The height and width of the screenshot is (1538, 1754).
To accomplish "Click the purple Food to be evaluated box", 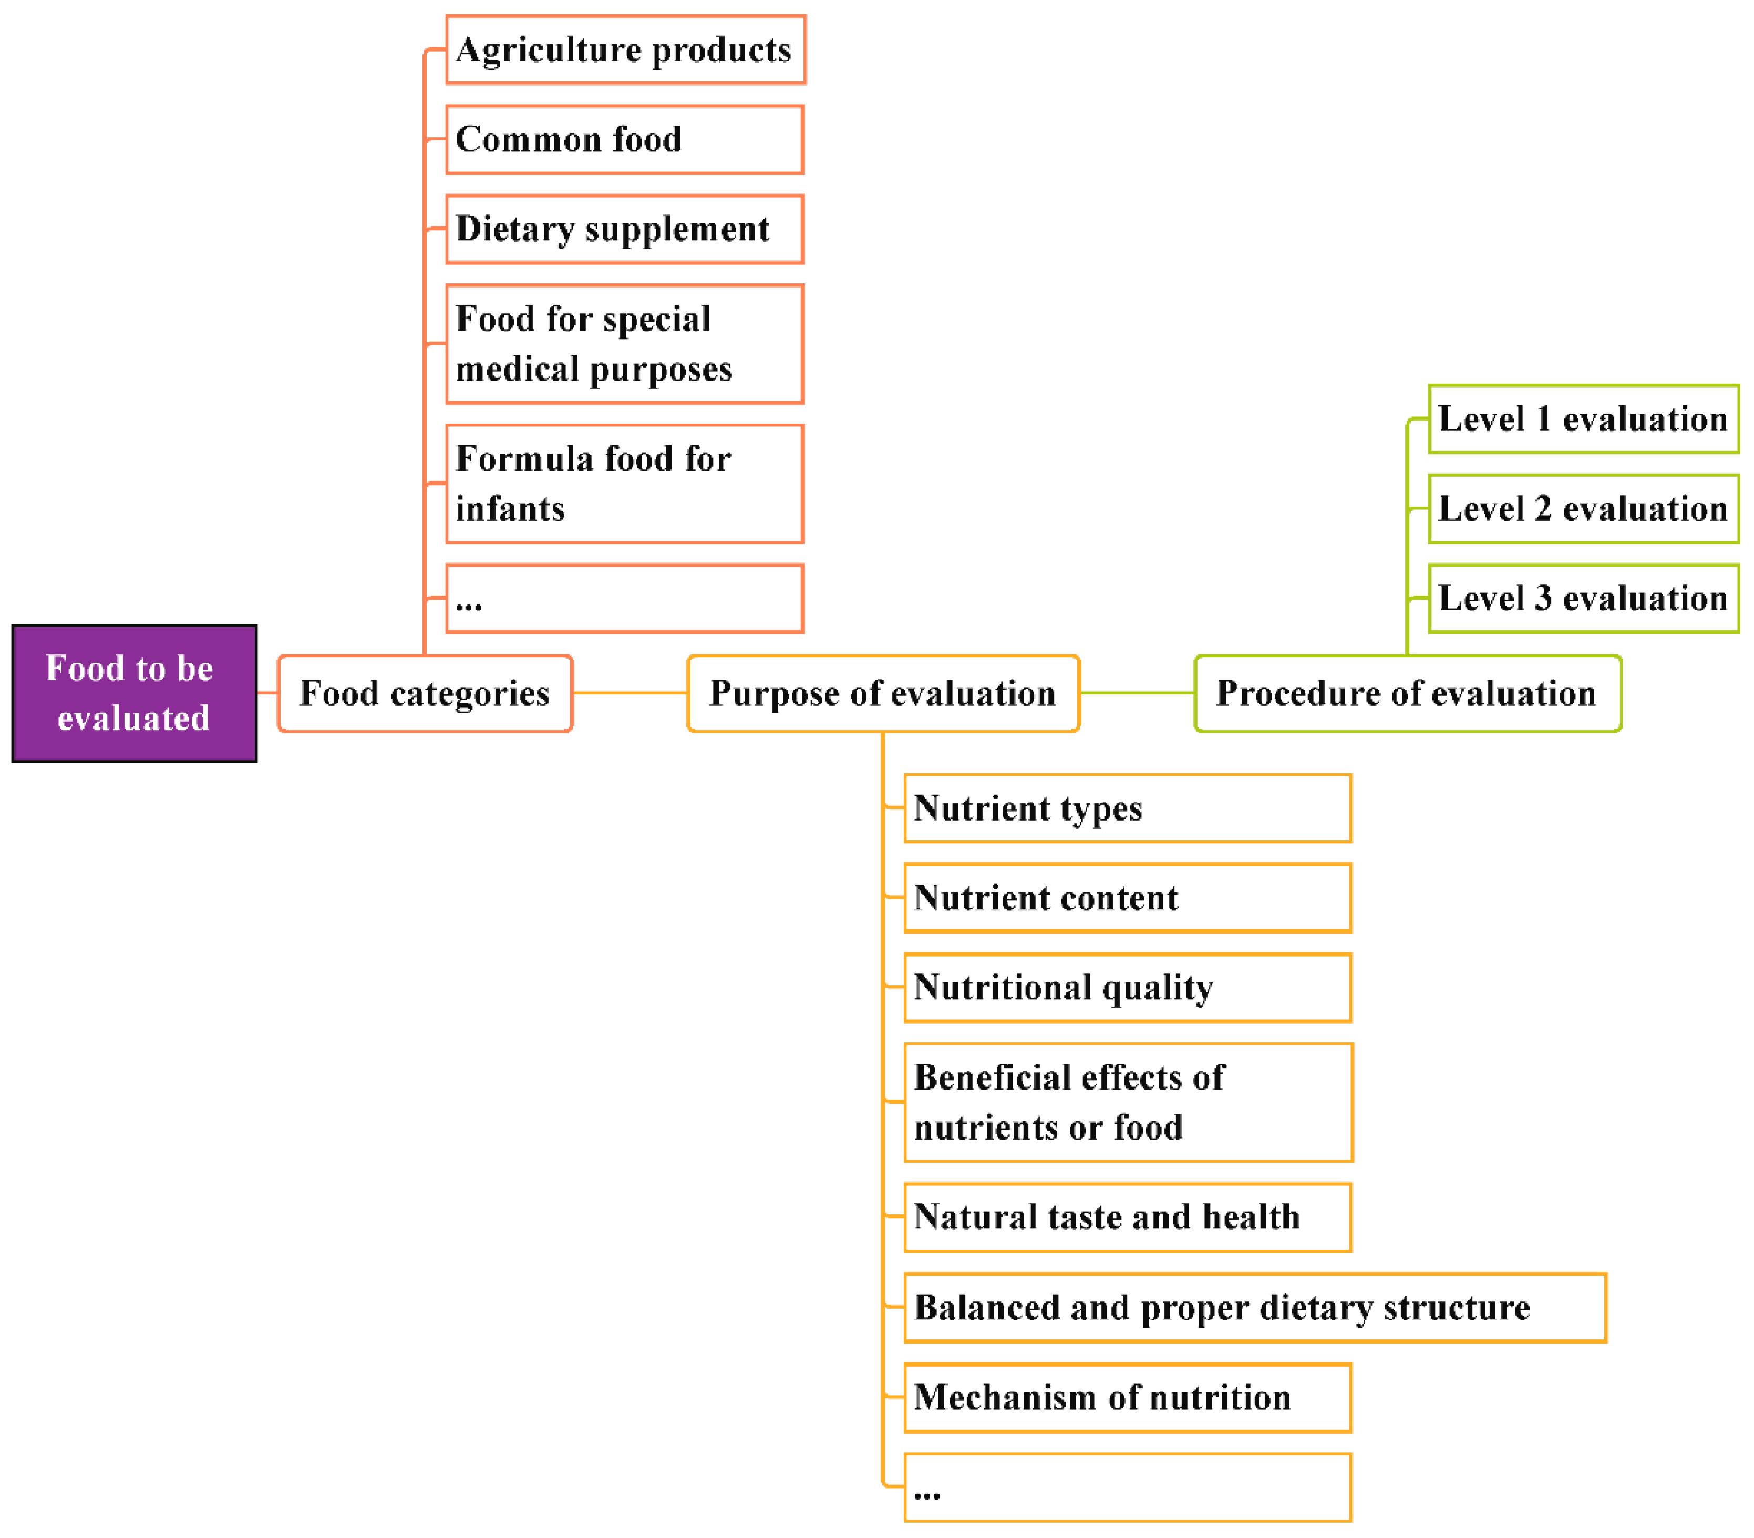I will (134, 693).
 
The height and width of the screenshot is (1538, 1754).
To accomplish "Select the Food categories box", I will (425, 693).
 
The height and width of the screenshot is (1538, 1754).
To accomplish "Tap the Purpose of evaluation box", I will (883, 693).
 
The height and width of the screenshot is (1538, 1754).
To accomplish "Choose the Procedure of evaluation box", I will (1407, 693).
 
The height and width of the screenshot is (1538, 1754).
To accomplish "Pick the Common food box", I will (625, 140).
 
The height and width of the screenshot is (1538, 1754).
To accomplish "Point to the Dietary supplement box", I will (625, 229).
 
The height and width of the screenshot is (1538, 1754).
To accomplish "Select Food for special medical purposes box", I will (625, 344).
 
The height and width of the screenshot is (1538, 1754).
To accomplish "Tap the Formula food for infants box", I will (625, 484).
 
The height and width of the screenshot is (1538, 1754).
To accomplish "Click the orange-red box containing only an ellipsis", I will (625, 599).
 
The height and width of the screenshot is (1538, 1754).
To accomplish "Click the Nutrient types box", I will (1128, 808).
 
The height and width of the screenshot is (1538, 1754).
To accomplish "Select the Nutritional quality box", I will (1128, 988).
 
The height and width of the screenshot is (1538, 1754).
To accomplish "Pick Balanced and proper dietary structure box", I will (1255, 1308).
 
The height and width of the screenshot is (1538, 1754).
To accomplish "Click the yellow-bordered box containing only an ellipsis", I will (1128, 1488).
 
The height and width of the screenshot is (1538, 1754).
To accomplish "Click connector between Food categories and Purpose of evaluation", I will (630, 693).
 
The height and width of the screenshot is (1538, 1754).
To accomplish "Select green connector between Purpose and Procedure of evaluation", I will (1137, 693).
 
